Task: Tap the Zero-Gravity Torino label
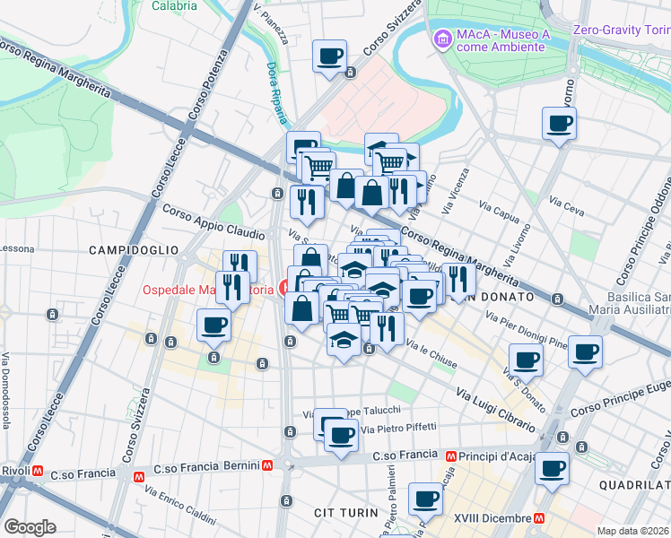(x=621, y=30)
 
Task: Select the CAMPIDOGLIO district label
(x=133, y=251)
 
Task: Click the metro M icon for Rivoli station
(x=39, y=470)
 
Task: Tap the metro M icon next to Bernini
(x=267, y=465)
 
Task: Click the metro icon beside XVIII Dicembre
(x=539, y=517)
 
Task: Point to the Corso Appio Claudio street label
(x=213, y=221)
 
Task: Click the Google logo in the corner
(x=30, y=526)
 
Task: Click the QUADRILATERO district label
(x=633, y=484)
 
